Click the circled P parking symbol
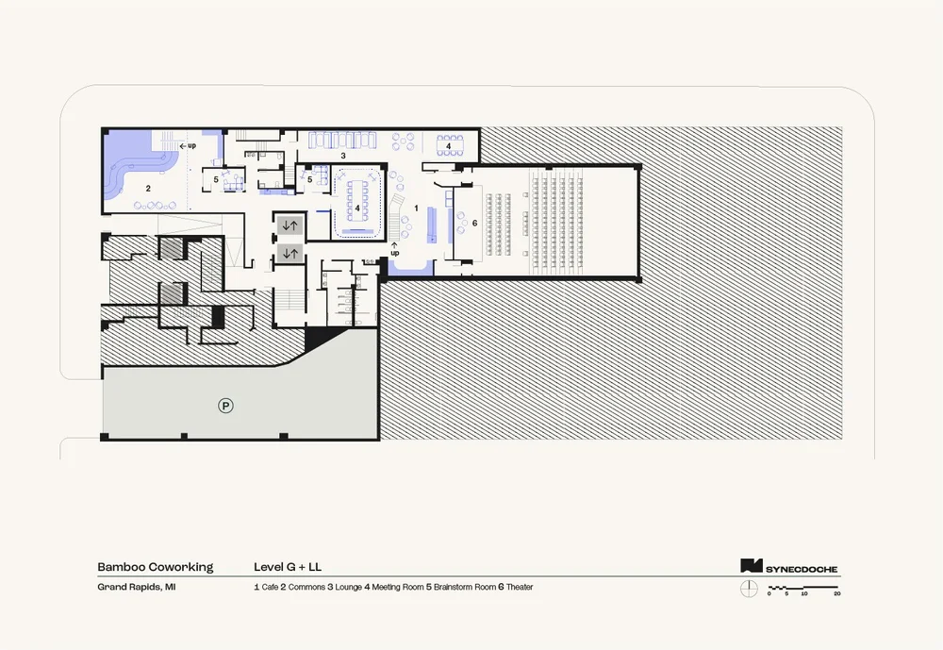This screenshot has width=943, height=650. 225,406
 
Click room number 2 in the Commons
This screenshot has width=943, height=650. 148,189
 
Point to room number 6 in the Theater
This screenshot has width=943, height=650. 474,223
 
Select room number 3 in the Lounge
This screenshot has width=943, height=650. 343,155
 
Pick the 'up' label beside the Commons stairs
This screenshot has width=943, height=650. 189,145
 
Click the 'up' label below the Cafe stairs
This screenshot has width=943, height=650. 395,253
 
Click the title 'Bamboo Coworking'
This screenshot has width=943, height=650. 155,567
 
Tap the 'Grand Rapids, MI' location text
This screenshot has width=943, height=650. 136,587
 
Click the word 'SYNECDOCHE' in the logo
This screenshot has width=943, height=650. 801,569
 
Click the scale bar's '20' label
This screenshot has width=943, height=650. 836,594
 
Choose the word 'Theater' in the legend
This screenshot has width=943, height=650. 520,587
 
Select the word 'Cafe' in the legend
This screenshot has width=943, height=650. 269,587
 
